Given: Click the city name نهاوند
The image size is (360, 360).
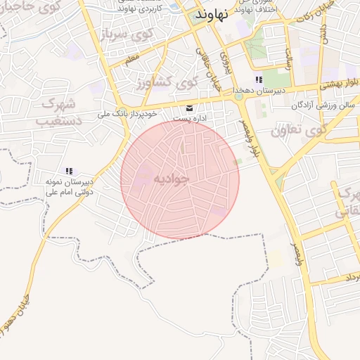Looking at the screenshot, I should [x=209, y=15].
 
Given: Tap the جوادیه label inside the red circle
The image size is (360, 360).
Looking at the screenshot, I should [x=172, y=179].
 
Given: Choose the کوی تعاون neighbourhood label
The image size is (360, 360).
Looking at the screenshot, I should [x=300, y=129].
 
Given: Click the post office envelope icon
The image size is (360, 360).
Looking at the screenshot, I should [x=189, y=108].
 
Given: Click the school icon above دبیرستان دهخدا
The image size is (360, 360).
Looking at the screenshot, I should [x=259, y=80].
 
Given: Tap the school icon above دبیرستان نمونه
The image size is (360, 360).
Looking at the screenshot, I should [x=69, y=171].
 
